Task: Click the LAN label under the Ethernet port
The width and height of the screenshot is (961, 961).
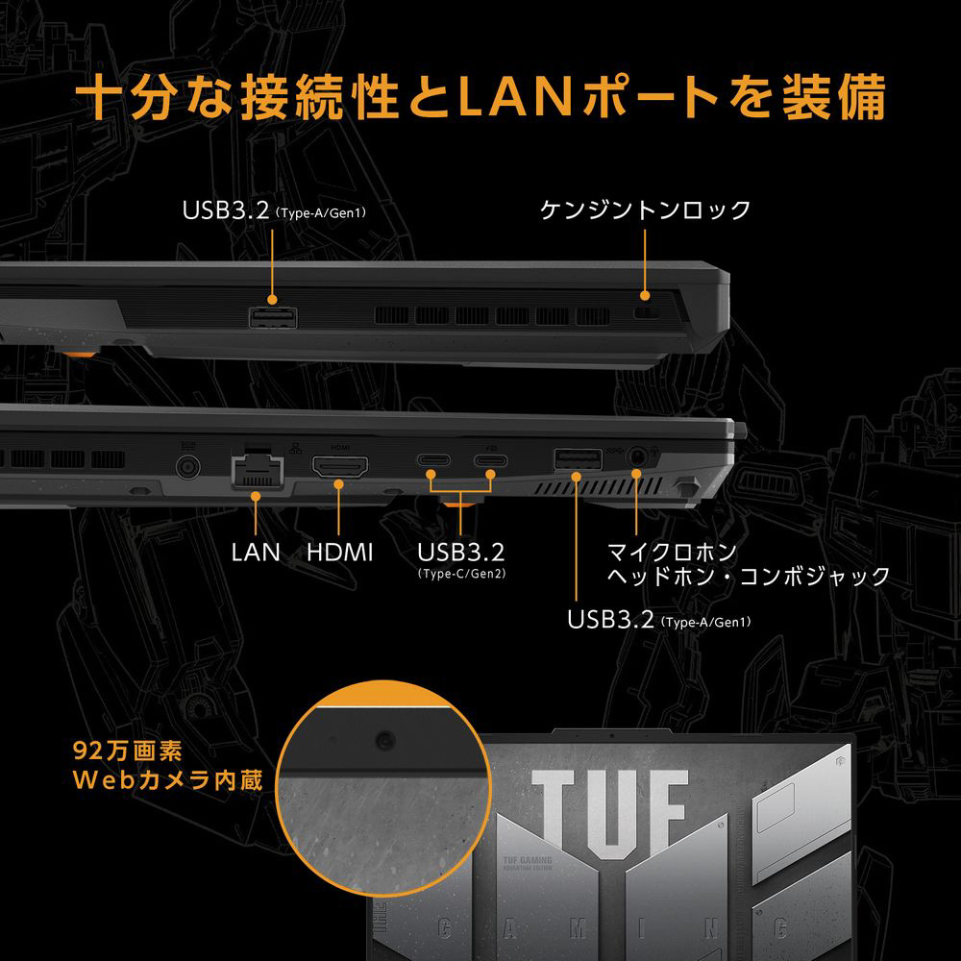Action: [x=256, y=552]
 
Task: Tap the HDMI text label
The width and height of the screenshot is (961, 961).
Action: [x=340, y=552]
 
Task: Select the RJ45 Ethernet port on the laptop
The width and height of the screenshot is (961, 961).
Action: [x=256, y=472]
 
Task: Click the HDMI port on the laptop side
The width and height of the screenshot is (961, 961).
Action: [x=339, y=470]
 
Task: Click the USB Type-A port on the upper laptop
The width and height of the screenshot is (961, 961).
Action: [x=273, y=316]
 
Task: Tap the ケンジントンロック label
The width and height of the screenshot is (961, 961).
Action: [x=645, y=209]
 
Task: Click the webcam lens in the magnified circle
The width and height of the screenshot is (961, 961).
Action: [x=385, y=738]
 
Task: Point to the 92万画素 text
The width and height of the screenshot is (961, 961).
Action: [x=127, y=750]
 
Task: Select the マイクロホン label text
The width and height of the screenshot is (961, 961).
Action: [x=672, y=552]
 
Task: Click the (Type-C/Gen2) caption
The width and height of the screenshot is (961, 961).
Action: [x=461, y=574]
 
